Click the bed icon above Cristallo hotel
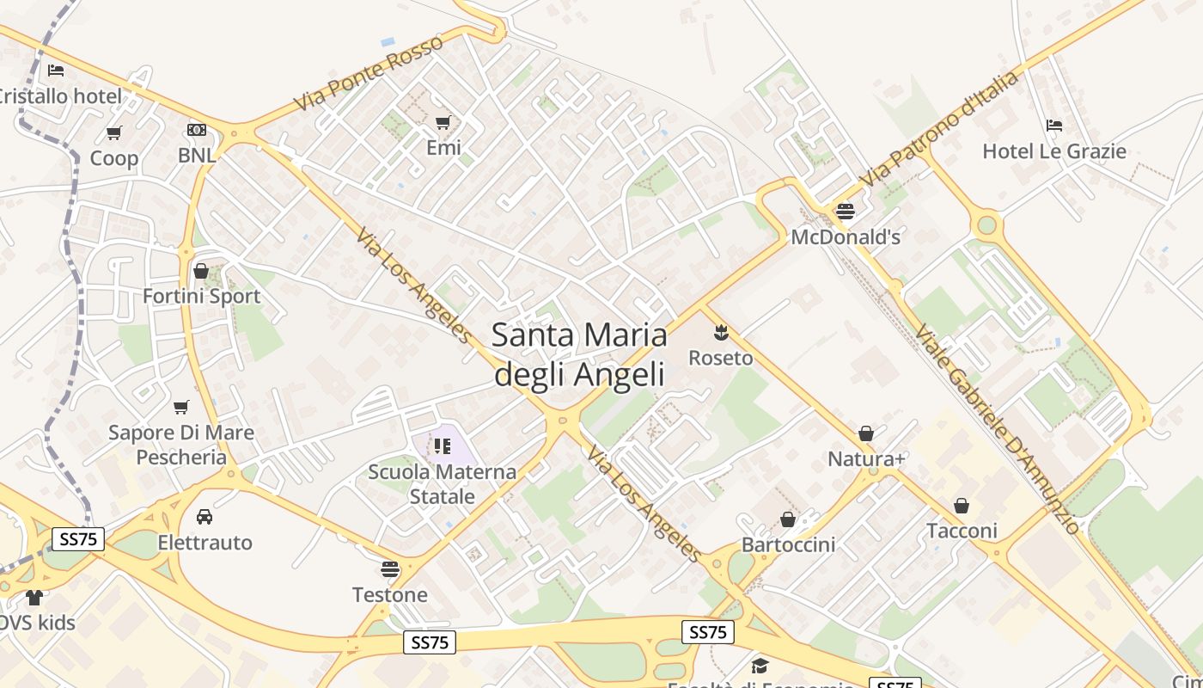point(56,70)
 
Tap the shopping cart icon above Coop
point(113,132)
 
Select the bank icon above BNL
point(197,130)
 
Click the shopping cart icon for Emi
point(443,122)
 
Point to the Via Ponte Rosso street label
point(369,72)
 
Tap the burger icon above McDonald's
point(846,211)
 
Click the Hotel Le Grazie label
point(1054,151)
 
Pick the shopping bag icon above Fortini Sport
point(201,271)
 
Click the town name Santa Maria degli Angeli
point(579,354)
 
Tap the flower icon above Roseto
point(721,332)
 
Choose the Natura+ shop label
point(866,459)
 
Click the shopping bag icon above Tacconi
point(962,505)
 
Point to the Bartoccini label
point(788,544)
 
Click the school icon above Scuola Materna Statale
point(443,445)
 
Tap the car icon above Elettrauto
point(205,517)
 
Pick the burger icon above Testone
point(390,568)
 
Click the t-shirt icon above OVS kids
point(34,597)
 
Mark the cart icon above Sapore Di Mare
point(180,407)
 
